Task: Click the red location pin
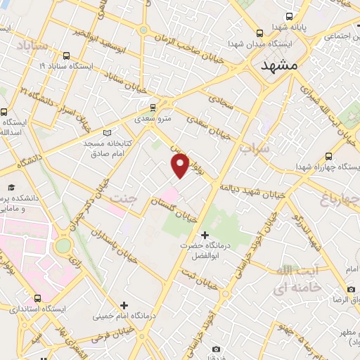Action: pyautogui.click(x=180, y=165)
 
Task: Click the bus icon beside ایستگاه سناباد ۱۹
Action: pyautogui.click(x=67, y=56)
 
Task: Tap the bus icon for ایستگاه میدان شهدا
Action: pyautogui.click(x=260, y=32)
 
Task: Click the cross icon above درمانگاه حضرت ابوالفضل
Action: pyautogui.click(x=205, y=235)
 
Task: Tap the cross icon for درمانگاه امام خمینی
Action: pyautogui.click(x=124, y=305)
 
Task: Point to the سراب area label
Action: pyautogui.click(x=254, y=149)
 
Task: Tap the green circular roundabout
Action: pyautogui.click(x=63, y=245)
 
